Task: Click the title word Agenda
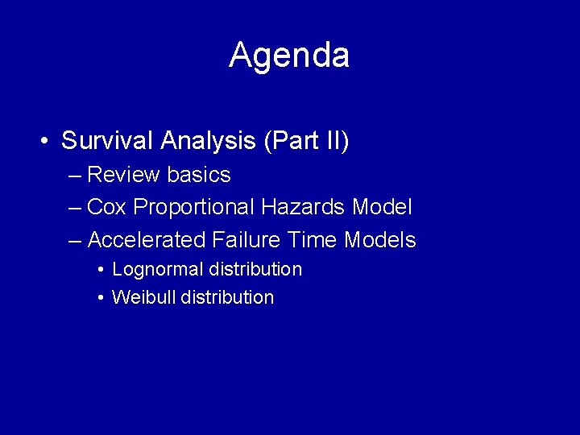tap(289, 56)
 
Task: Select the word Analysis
tap(208, 141)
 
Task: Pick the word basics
tap(200, 175)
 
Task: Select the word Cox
tap(107, 207)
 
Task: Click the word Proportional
tap(193, 208)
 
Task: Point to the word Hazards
tap(304, 207)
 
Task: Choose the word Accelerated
tap(147, 240)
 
